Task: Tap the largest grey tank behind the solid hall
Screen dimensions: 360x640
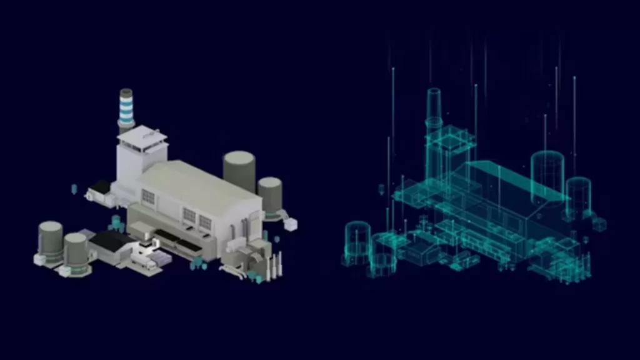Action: tap(239, 170)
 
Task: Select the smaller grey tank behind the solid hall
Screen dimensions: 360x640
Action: tap(270, 194)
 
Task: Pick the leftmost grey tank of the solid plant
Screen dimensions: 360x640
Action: tap(50, 241)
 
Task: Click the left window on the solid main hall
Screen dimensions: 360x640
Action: tap(147, 197)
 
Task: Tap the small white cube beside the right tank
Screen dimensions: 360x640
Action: tap(291, 224)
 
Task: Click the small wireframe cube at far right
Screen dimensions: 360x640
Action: tap(599, 224)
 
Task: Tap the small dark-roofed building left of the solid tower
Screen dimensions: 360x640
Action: tap(100, 187)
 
